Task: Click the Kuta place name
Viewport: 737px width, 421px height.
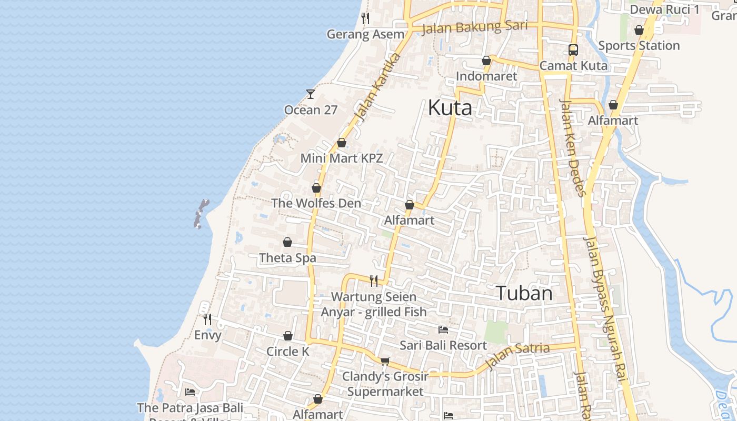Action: [450, 108]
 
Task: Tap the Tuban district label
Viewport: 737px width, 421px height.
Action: [524, 293]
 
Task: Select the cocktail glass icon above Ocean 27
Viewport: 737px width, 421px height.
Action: [311, 94]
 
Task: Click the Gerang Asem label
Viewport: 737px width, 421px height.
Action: [365, 35]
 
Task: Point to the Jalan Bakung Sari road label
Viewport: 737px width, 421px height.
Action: [467, 27]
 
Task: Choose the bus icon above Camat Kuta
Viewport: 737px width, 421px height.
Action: [573, 50]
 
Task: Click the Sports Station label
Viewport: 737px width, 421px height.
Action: [639, 46]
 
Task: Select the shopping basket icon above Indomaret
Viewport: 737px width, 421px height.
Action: [486, 61]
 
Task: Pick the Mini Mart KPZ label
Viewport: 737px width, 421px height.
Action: [341, 158]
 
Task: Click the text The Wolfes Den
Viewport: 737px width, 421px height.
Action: [316, 203]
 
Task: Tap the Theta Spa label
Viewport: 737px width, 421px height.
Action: [287, 258]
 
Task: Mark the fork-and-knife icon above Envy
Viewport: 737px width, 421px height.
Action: [207, 319]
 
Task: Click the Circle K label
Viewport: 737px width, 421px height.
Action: [288, 352]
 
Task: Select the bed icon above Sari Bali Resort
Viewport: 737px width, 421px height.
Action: [443, 330]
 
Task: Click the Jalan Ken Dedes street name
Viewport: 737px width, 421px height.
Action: [573, 147]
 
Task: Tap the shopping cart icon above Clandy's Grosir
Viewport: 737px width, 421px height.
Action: [385, 360]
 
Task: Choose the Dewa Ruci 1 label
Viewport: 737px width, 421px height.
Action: [664, 9]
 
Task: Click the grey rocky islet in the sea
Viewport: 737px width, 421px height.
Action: [200, 214]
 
